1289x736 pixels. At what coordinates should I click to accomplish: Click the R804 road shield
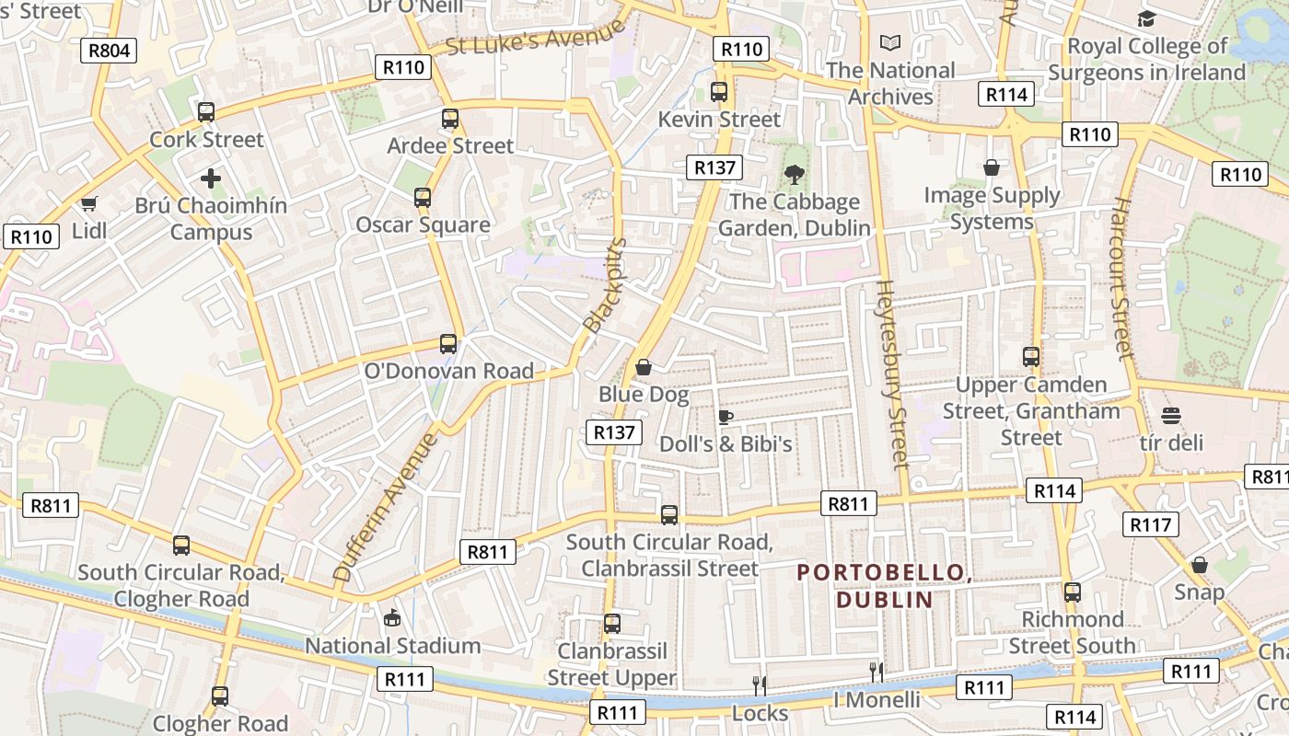pyautogui.click(x=109, y=51)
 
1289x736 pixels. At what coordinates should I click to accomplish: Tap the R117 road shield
pyautogui.click(x=1151, y=524)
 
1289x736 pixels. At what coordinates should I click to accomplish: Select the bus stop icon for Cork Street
pyautogui.click(x=206, y=112)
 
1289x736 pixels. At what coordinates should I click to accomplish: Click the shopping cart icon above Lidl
pyautogui.click(x=89, y=203)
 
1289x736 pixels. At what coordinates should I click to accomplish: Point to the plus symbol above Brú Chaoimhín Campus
pyautogui.click(x=211, y=178)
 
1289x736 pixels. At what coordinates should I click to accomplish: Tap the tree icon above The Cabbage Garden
pyautogui.click(x=794, y=174)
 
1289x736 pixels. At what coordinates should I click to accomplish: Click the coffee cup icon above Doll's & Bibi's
pyautogui.click(x=726, y=417)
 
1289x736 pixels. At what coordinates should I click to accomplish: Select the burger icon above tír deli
pyautogui.click(x=1171, y=416)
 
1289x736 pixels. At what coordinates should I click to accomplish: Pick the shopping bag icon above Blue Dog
pyautogui.click(x=644, y=367)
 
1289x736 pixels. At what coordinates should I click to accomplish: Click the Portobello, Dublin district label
pyautogui.click(x=885, y=586)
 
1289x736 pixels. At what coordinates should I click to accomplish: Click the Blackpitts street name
pyautogui.click(x=605, y=286)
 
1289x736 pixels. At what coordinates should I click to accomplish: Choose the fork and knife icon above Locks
pyautogui.click(x=760, y=685)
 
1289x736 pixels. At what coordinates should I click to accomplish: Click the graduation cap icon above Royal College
pyautogui.click(x=1146, y=18)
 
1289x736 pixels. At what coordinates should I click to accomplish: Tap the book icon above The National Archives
pyautogui.click(x=890, y=42)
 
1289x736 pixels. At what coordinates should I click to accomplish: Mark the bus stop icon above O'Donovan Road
pyautogui.click(x=448, y=344)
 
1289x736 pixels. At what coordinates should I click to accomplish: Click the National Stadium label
pyautogui.click(x=393, y=646)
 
